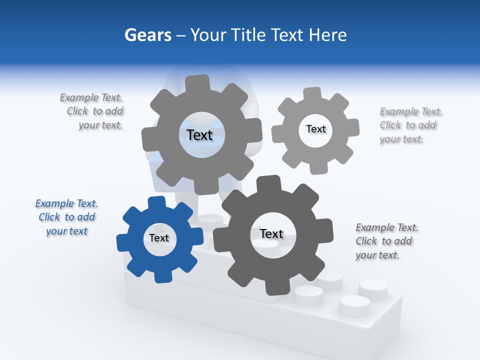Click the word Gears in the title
(148, 35)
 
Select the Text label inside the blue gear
(159, 238)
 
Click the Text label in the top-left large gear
(199, 135)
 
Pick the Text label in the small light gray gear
(315, 129)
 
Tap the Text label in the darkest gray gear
(271, 233)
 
